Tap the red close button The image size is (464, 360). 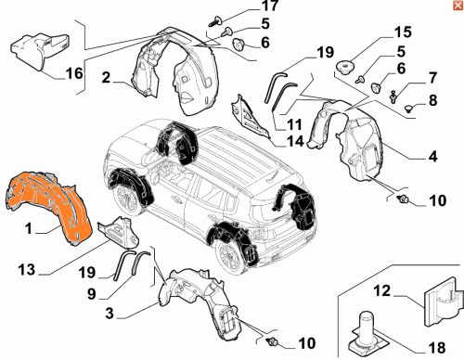(458, 6)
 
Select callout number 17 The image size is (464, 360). (270, 6)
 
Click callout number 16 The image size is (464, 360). (74, 73)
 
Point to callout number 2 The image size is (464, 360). (106, 77)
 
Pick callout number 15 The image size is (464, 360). (403, 32)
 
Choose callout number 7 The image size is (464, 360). (433, 78)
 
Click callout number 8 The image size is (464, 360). (433, 100)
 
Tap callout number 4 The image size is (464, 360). (433, 156)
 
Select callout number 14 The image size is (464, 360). (295, 141)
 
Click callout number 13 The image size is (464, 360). (27, 270)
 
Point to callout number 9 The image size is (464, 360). (92, 293)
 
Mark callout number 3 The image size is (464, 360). (110, 314)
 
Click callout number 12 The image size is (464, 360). (382, 291)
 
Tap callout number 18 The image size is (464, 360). (437, 348)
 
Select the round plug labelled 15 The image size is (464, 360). (345, 67)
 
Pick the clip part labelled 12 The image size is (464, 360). (444, 302)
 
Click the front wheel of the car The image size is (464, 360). (127, 198)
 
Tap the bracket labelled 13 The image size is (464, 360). (119, 233)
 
